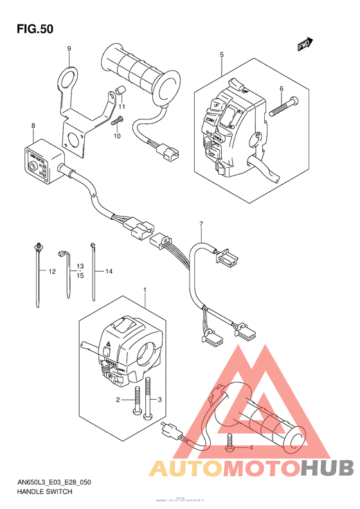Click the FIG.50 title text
(x=35, y=29)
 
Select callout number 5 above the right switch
(x=222, y=55)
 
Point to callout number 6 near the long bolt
(x=281, y=89)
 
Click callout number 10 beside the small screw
(x=117, y=136)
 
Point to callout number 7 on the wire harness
(x=201, y=224)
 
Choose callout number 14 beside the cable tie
(x=109, y=272)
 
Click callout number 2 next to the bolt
(x=118, y=400)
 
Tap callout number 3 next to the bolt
(x=160, y=400)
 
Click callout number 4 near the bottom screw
(x=252, y=447)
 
